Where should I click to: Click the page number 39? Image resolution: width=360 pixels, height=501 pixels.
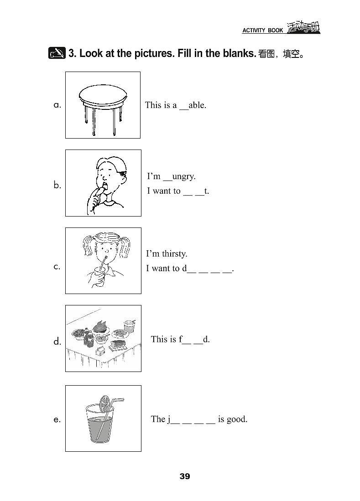click(x=185, y=476)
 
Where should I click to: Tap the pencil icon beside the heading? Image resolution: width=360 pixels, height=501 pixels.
click(x=57, y=53)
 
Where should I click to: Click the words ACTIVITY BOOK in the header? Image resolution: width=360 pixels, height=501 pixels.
click(x=262, y=31)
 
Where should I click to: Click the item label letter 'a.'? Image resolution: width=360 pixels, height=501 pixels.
click(x=57, y=105)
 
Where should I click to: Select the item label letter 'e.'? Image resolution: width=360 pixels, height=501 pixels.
click(x=57, y=419)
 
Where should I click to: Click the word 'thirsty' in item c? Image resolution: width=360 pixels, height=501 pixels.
click(x=175, y=254)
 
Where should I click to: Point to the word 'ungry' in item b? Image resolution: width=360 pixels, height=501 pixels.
click(x=184, y=177)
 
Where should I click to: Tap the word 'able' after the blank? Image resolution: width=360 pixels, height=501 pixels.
click(x=197, y=105)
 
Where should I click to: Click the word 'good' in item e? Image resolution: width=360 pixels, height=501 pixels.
click(x=237, y=419)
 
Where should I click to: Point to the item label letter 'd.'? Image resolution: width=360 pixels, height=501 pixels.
click(x=57, y=341)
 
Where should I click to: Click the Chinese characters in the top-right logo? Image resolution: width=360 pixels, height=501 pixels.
click(x=303, y=27)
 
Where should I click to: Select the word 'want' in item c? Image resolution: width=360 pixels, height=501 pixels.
click(x=161, y=269)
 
